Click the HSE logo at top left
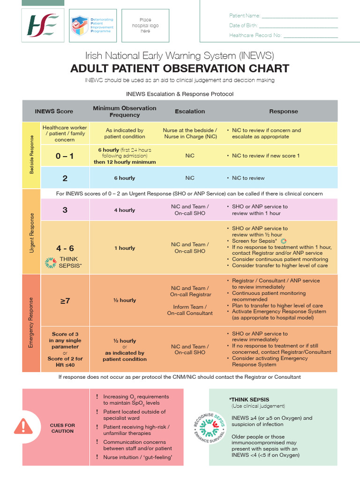pyautogui.click(x=43, y=25)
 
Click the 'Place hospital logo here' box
pyautogui.click(x=145, y=25)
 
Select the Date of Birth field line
pyautogui.click(x=298, y=26)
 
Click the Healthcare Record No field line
pyautogui.click(x=310, y=36)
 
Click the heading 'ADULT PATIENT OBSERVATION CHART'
pyautogui.click(x=180, y=68)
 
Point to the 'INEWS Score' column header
pyautogui.click(x=54, y=112)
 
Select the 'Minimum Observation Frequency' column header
pyautogui.click(x=125, y=112)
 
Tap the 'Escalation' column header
pyautogui.click(x=190, y=112)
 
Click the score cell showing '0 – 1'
pyautogui.click(x=65, y=156)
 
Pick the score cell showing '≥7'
pyautogui.click(x=65, y=300)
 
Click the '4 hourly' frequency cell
pyautogui.click(x=125, y=210)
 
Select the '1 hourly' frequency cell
pyautogui.click(x=125, y=248)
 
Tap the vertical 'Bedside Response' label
pyautogui.click(x=32, y=155)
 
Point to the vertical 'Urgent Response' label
pyautogui.click(x=32, y=233)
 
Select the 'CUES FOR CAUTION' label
pyautogui.click(x=62, y=428)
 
